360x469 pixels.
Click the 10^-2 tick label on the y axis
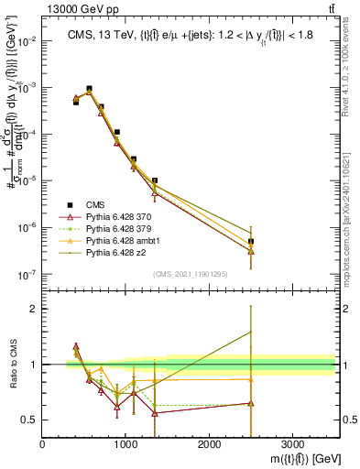[27, 41]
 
